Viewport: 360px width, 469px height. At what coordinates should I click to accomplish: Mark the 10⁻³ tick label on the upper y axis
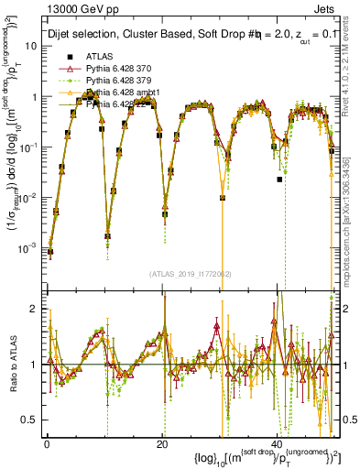pyautogui.click(x=27, y=248)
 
